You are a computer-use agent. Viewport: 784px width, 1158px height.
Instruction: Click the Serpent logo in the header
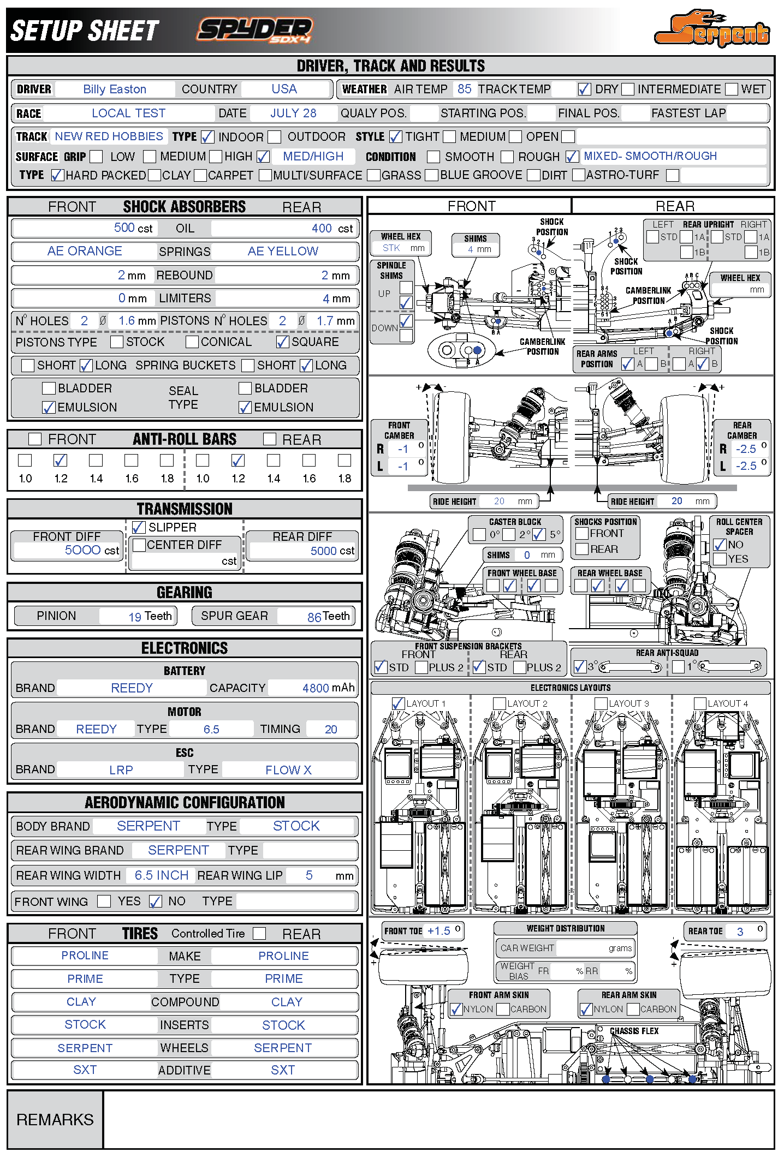(712, 28)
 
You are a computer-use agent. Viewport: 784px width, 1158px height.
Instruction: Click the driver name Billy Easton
(115, 89)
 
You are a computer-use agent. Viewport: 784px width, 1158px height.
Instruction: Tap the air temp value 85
(465, 89)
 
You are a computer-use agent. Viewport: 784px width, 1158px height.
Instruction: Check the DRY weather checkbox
(584, 89)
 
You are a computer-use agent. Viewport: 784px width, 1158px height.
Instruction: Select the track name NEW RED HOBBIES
(109, 136)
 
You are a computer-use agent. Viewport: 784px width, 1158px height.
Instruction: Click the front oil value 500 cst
(133, 228)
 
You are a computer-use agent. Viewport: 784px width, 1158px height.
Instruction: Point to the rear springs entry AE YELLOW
(283, 251)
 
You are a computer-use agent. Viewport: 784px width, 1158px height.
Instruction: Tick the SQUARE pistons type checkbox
(282, 342)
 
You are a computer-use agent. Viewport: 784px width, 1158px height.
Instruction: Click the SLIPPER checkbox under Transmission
(139, 527)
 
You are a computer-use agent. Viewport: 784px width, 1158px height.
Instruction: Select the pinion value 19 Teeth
(150, 616)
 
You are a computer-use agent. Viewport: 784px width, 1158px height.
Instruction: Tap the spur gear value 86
(314, 617)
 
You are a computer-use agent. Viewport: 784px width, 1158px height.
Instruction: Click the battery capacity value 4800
(316, 688)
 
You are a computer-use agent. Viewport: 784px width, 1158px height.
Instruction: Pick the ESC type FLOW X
(288, 770)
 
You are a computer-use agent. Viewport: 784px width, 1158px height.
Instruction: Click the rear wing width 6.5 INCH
(162, 875)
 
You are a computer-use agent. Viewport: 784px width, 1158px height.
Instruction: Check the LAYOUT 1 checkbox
(399, 703)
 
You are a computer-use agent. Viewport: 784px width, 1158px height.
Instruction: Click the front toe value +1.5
(439, 931)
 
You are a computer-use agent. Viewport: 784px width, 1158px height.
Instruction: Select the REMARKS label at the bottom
(55, 1120)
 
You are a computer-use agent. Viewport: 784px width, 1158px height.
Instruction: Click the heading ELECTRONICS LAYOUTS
(571, 688)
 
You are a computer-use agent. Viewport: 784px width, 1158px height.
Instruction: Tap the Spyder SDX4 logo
(255, 30)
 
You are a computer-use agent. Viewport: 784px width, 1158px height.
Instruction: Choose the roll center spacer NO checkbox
(720, 545)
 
